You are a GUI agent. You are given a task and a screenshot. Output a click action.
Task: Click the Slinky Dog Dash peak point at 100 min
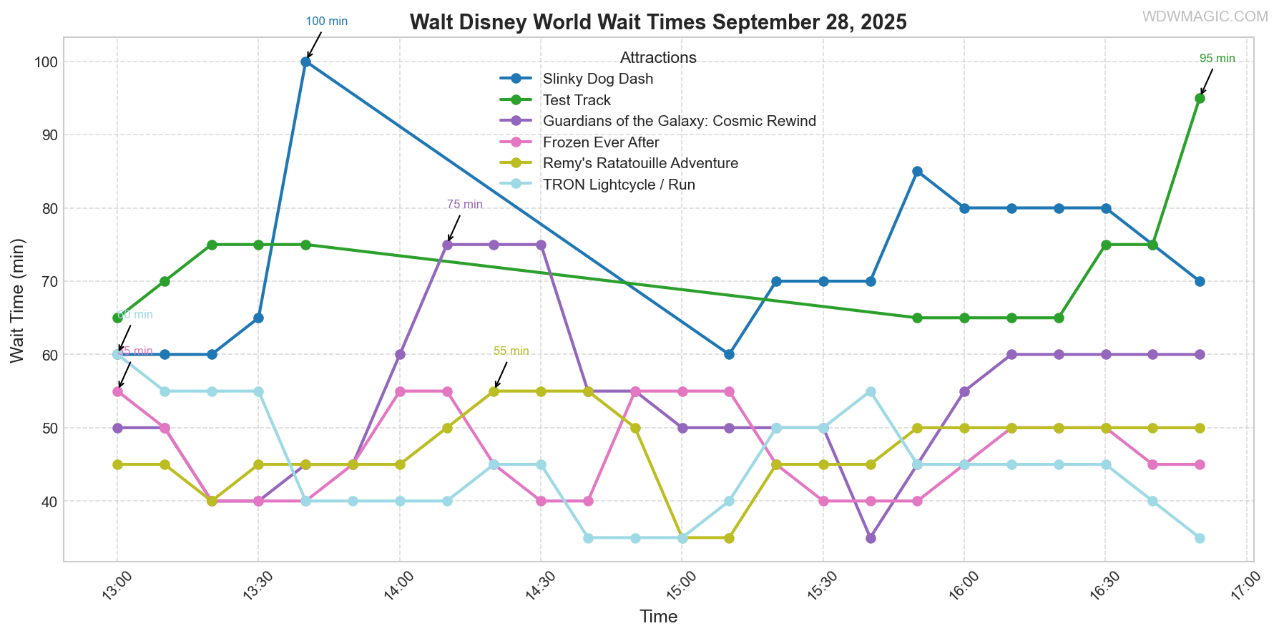tap(305, 62)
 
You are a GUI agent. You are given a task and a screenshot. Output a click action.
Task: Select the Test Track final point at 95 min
tap(1200, 99)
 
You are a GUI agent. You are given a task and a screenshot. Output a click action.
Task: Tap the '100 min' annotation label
tap(326, 21)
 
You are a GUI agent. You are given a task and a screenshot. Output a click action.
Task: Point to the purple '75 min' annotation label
tap(465, 205)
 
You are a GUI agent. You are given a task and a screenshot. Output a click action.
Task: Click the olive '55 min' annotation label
tap(511, 351)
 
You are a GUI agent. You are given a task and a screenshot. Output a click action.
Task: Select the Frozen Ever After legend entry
tap(601, 142)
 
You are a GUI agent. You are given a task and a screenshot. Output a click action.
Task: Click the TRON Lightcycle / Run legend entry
tap(619, 185)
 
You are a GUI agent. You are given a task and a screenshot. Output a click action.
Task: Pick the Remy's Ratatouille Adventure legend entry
tap(640, 163)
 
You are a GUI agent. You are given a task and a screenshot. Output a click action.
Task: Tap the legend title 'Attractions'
tap(658, 58)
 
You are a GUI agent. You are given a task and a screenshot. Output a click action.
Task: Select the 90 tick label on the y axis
tap(47, 135)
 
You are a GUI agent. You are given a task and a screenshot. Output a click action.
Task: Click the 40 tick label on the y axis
tap(47, 502)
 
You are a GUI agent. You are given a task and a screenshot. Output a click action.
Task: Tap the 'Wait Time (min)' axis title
tap(17, 300)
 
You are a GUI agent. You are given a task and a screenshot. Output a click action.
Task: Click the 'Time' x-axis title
tap(658, 617)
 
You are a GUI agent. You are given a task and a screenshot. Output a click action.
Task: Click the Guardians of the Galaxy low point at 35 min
tap(871, 538)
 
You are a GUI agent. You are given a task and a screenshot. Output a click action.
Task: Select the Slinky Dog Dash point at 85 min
tap(917, 172)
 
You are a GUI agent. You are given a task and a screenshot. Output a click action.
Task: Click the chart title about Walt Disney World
tap(658, 22)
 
